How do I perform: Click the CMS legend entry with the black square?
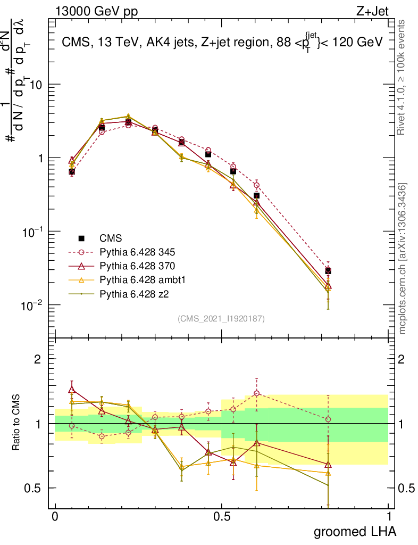point(110,238)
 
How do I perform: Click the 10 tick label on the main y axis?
point(35,85)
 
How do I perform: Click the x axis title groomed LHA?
point(355,532)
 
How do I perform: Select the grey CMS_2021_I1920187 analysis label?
point(221,319)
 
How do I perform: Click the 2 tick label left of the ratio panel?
point(38,359)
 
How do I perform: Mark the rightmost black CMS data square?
point(328,271)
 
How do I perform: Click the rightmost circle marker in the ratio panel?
point(328,419)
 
